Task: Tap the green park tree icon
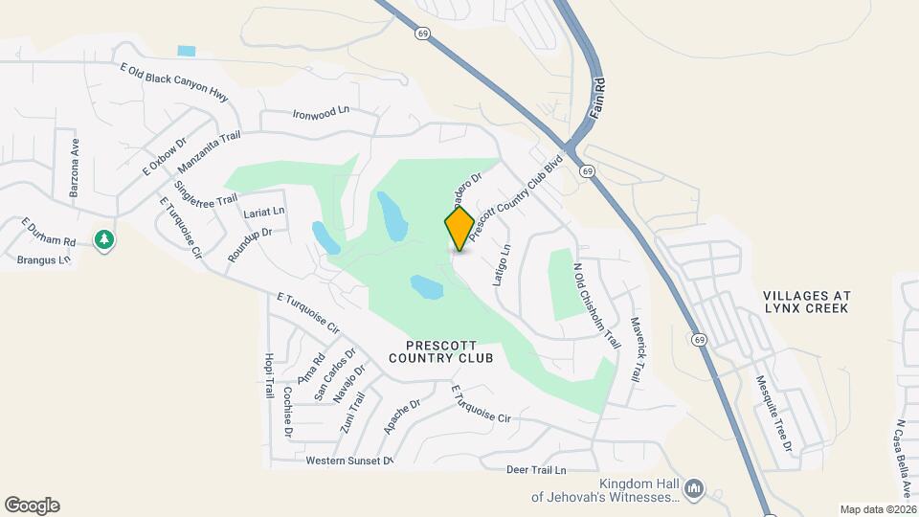104,239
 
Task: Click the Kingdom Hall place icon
695,489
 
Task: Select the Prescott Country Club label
441,350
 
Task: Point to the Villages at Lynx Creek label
807,303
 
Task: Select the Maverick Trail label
633,350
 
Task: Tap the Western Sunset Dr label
349,461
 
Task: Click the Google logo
32,506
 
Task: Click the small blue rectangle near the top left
187,51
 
